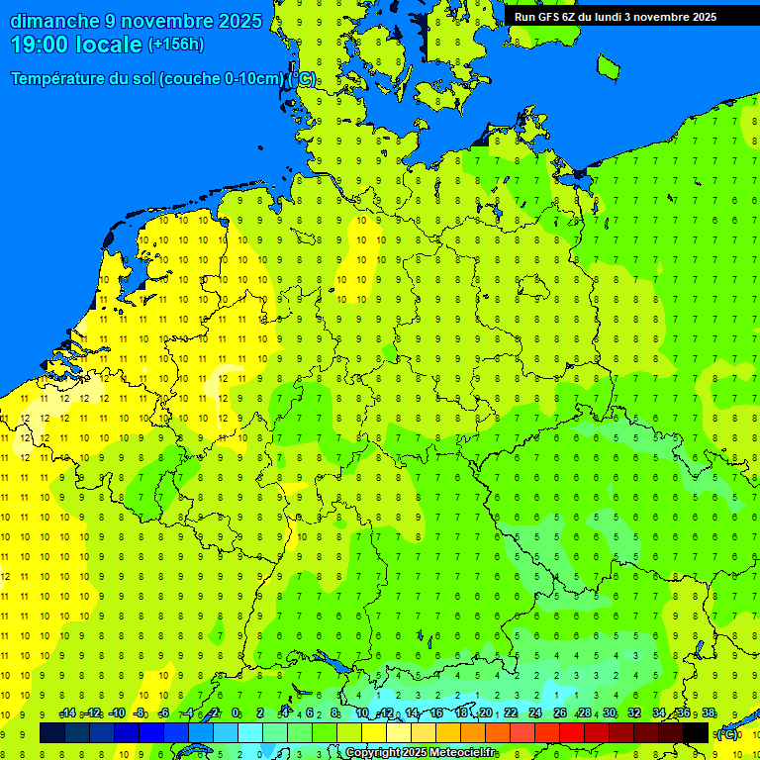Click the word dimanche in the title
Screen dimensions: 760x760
pyautogui.click(x=53, y=21)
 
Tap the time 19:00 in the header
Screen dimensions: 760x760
pyautogui.click(x=40, y=44)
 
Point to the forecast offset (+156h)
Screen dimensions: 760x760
pyautogui.click(x=176, y=45)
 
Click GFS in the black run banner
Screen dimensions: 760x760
pyautogui.click(x=551, y=17)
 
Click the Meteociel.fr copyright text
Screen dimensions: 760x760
pyautogui.click(x=420, y=753)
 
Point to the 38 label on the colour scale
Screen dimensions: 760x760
pyautogui.click(x=709, y=713)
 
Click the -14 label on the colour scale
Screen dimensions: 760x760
pyautogui.click(x=67, y=713)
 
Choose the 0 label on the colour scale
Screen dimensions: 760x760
pyautogui.click(x=236, y=713)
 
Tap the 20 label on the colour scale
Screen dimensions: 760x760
pyautogui.click(x=486, y=713)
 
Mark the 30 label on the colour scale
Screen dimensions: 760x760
pyautogui.click(x=610, y=713)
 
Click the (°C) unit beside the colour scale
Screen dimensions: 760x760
pyautogui.click(x=727, y=734)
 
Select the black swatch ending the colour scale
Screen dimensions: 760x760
pyautogui.click(x=696, y=733)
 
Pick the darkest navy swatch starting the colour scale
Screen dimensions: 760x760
pyautogui.click(x=52, y=733)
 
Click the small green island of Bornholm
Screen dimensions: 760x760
pyautogui.click(x=608, y=65)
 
